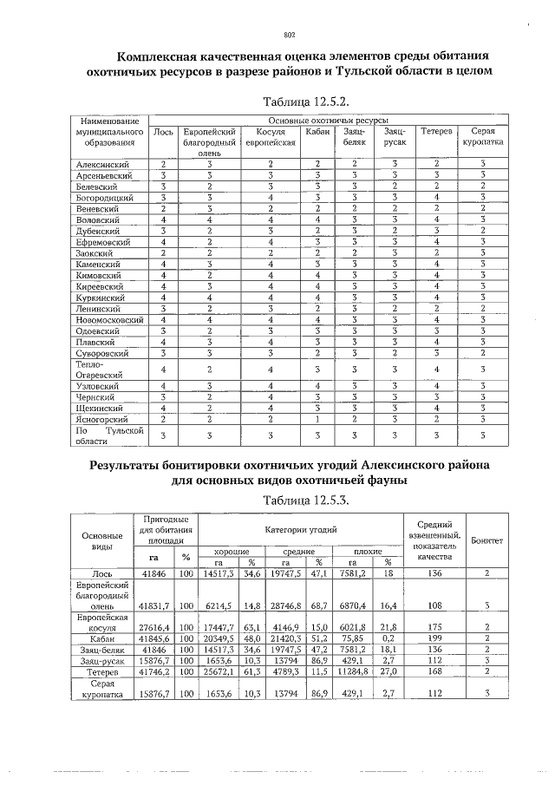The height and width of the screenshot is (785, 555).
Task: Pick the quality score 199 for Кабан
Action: [436, 638]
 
